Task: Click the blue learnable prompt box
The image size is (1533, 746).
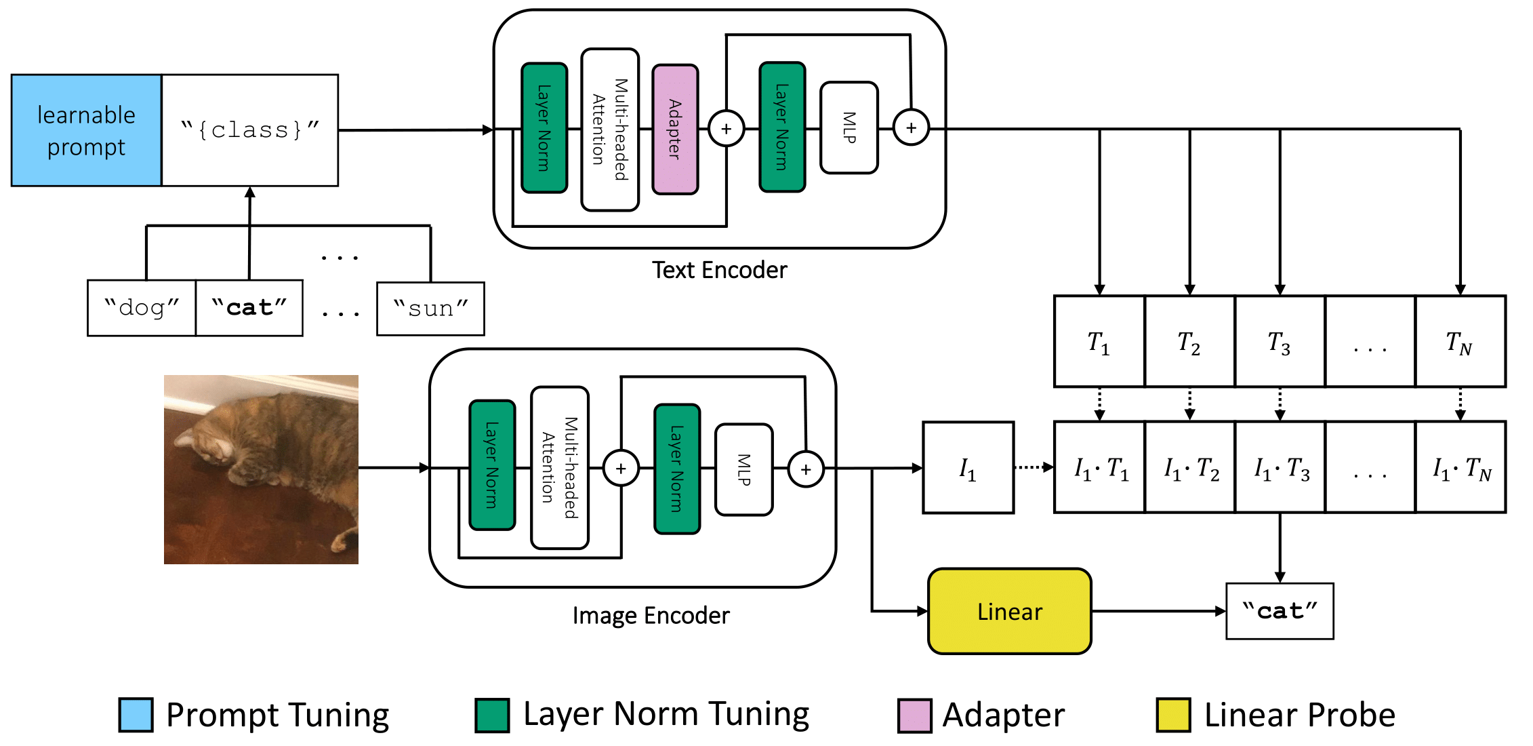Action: pos(87,130)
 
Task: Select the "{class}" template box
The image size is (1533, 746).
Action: pos(250,130)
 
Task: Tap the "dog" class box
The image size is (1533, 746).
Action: pos(142,308)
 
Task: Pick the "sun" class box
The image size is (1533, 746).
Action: pos(431,309)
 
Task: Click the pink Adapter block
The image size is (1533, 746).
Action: pos(675,130)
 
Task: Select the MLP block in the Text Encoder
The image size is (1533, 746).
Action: pos(849,127)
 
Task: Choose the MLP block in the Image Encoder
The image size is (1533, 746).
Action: pos(744,469)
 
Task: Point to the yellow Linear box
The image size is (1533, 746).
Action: pos(1010,611)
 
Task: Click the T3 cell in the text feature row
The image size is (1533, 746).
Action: pos(1280,342)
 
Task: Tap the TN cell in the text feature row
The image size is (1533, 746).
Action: pos(1460,342)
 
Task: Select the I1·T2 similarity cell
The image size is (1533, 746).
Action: pos(1190,467)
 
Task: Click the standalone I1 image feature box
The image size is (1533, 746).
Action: pos(968,468)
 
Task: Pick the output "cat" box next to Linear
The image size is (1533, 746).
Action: pos(1280,611)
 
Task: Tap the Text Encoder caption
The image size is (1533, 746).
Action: pos(720,270)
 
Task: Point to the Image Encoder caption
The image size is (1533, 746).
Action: pos(651,615)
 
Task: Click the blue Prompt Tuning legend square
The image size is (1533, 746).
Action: pos(136,715)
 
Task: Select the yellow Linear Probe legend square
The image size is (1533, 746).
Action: pos(1174,715)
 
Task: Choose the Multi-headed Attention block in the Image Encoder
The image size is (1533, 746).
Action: pos(560,467)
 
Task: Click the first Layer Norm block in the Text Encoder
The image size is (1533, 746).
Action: pos(544,128)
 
